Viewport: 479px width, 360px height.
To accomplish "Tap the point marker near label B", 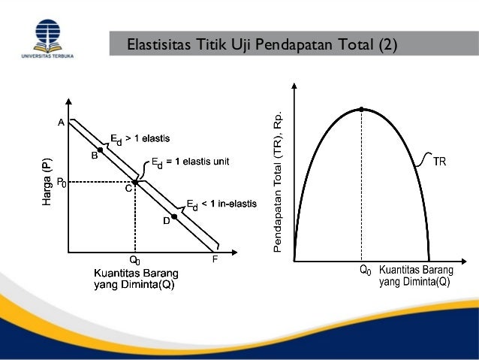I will tap(100, 150).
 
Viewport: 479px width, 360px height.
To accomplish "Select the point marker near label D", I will tap(175, 217).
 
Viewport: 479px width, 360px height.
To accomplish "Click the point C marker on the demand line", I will tap(135, 181).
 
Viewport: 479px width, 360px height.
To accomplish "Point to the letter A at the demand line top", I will tap(61, 122).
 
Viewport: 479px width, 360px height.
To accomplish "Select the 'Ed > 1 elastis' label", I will tap(140, 139).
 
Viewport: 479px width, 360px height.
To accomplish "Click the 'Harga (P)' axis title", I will tap(47, 183).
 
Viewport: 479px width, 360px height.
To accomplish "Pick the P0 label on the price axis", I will tap(61, 182).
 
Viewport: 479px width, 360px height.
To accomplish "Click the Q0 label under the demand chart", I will tap(134, 260).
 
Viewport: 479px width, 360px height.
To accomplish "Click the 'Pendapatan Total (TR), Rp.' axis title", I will tap(278, 183).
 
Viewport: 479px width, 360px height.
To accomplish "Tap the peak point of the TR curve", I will tap(362, 110).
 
